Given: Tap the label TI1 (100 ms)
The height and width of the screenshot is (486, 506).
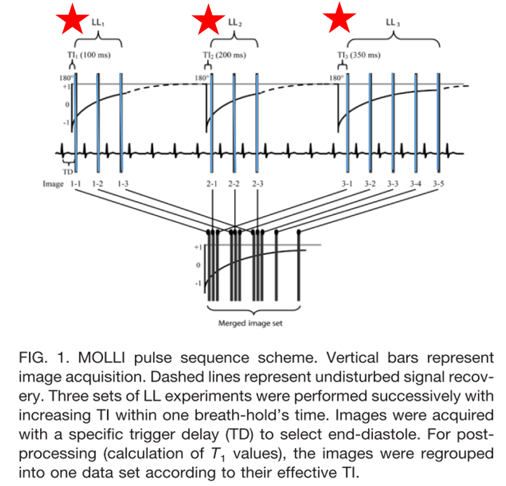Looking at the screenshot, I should coord(89,55).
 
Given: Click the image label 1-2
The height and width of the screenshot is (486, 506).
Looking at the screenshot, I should coord(98,184).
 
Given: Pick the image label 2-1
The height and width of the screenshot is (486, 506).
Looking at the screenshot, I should coord(211,184).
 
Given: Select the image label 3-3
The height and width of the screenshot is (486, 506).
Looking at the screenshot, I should coord(393,184).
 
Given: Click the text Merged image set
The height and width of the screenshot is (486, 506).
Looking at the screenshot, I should coord(250,323).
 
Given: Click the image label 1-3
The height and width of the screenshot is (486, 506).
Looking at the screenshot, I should coord(123,184).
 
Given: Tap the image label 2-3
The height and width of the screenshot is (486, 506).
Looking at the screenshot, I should coord(257,184).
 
